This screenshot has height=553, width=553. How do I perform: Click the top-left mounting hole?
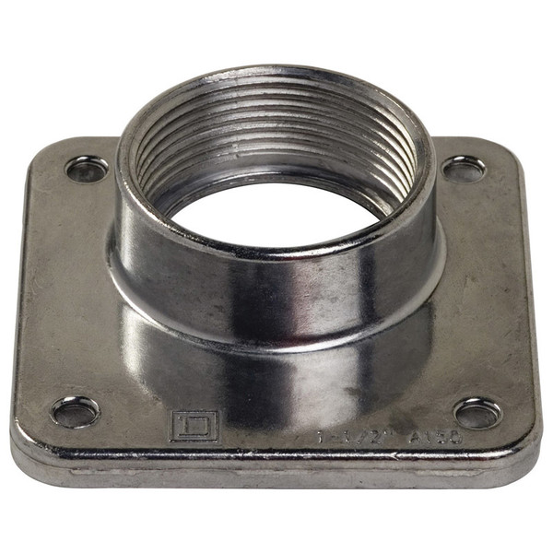[87, 170]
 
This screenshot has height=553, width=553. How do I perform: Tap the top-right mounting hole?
[464, 169]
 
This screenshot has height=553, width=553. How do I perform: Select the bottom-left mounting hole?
[76, 411]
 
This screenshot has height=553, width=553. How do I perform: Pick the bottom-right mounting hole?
[477, 413]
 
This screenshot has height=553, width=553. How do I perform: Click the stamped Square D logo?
[193, 426]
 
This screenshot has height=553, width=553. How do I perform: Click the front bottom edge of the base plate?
[276, 472]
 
